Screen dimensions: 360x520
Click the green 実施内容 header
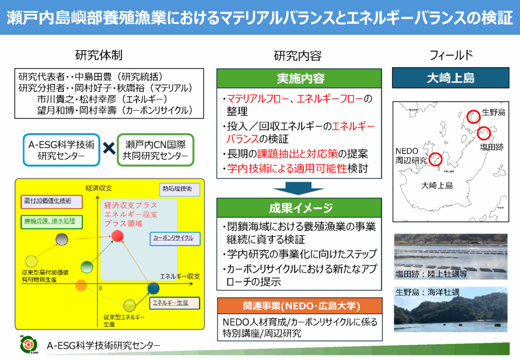[300, 79]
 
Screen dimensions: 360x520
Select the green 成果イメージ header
[300, 208]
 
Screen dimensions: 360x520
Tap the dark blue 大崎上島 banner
[450, 79]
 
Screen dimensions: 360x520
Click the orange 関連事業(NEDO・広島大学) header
[300, 306]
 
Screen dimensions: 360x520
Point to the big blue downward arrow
[299, 188]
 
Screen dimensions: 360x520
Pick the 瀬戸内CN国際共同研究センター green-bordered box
[155, 150]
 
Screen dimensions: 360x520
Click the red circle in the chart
[117, 236]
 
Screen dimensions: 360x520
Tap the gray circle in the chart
[62, 239]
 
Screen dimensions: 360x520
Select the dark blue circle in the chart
[153, 289]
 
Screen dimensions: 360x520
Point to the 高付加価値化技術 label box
[52, 201]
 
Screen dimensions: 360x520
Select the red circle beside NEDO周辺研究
[436, 159]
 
